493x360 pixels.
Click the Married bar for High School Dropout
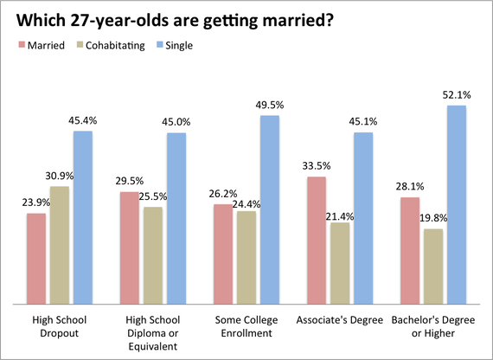(x=36, y=259)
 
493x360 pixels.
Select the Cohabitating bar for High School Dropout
(x=60, y=245)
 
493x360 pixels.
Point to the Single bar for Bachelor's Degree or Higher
(x=457, y=204)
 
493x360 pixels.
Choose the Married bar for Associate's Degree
(x=317, y=241)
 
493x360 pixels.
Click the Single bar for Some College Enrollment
(x=270, y=209)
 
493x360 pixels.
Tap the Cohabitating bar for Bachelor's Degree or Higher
(x=433, y=267)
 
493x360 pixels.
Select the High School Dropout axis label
(x=60, y=326)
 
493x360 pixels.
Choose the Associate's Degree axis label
(x=340, y=320)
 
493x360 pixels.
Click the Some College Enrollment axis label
(x=246, y=326)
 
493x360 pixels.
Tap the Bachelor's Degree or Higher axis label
(x=433, y=326)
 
